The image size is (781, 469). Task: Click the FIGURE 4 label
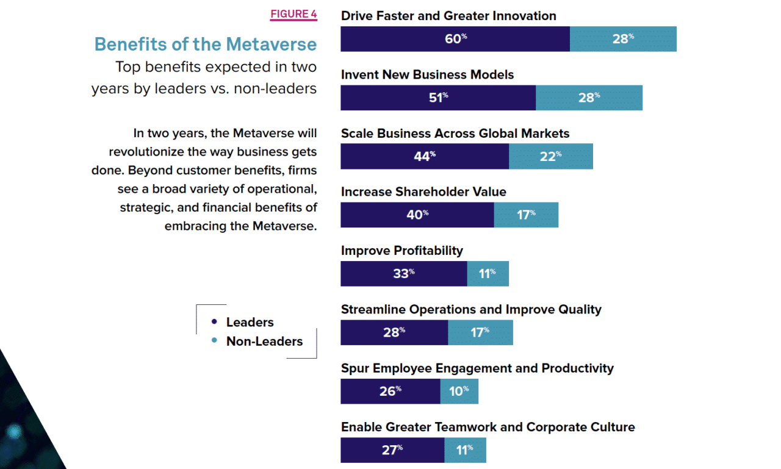pos(293,14)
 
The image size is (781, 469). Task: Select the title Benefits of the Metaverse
pos(206,45)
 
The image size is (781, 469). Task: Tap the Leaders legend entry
pos(250,322)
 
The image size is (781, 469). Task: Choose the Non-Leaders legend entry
pos(264,341)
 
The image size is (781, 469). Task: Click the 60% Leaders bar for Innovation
pos(455,39)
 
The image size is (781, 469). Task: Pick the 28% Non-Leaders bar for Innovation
pos(623,39)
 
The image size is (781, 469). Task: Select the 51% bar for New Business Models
pos(438,98)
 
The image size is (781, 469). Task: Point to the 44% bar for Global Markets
pos(425,156)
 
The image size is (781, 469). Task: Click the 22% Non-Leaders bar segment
pos(551,156)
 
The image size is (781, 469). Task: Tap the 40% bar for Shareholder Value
pos(417,215)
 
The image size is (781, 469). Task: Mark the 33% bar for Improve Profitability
pos(404,274)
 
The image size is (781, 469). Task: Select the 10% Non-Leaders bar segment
pos(459,392)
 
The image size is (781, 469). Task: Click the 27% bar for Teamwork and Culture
pos(392,450)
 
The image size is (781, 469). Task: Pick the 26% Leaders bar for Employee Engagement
pos(390,392)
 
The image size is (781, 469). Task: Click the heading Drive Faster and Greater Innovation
pos(448,16)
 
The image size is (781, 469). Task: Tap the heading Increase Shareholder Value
pos(423,192)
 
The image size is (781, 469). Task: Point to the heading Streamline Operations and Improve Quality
pos(471,309)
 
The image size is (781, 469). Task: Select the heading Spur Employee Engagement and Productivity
pos(477,368)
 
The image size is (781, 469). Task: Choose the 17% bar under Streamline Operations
pos(480,332)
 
